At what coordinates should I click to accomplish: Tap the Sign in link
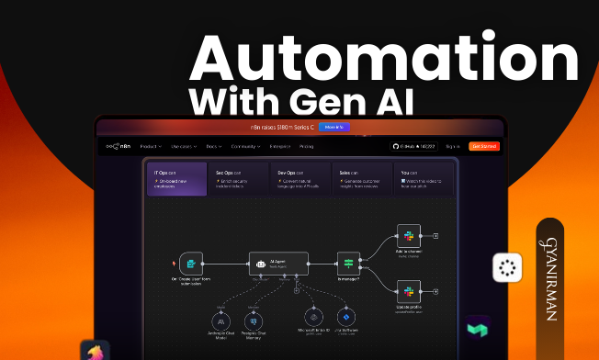(x=452, y=146)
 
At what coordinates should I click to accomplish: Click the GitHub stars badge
(x=413, y=146)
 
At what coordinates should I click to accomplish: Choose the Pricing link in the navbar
(x=306, y=146)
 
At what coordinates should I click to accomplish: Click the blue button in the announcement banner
(x=333, y=127)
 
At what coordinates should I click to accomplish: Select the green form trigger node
(x=190, y=262)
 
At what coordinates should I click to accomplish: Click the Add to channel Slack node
(x=408, y=235)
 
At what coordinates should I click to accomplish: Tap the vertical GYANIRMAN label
(x=548, y=276)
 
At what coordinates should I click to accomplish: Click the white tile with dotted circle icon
(x=506, y=267)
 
